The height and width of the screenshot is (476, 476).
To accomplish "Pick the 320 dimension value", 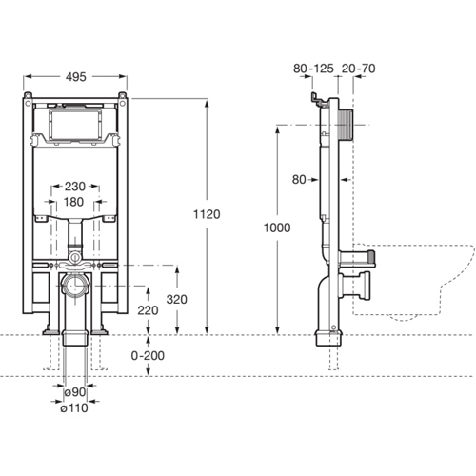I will click(x=174, y=299).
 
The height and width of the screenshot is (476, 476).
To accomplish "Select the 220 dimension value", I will click(x=147, y=310).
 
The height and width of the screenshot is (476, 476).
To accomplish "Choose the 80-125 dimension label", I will click(x=312, y=69).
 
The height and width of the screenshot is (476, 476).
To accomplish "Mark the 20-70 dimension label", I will click(x=357, y=69).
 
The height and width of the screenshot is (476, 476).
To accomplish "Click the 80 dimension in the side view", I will click(x=299, y=178).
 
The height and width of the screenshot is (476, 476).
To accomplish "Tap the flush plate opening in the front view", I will click(x=73, y=124).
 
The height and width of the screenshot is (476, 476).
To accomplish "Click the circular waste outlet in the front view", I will click(x=73, y=285).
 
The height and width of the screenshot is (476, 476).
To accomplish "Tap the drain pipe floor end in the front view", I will click(x=73, y=338).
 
